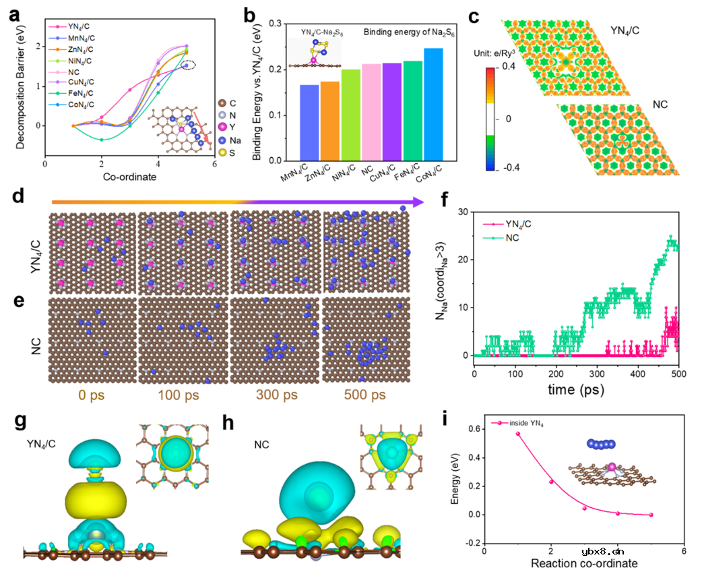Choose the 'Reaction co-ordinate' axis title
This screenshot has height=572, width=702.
tap(583, 562)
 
